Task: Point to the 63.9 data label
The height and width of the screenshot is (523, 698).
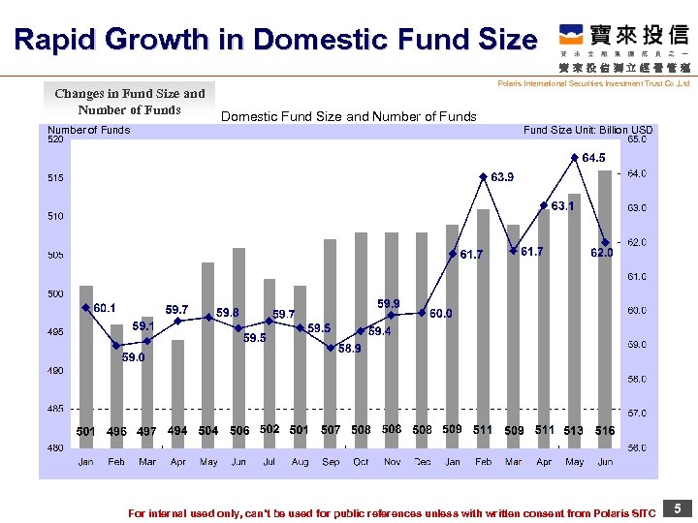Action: (x=502, y=177)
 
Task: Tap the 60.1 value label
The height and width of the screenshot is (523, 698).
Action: (x=106, y=307)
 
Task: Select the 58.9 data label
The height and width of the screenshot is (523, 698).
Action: (x=350, y=349)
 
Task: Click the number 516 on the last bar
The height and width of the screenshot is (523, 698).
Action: (x=605, y=430)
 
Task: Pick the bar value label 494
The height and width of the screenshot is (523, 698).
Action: (x=177, y=430)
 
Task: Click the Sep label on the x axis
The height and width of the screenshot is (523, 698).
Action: (x=331, y=462)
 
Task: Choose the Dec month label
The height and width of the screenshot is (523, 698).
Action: (x=423, y=462)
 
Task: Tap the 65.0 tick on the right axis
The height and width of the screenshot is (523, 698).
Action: (x=639, y=139)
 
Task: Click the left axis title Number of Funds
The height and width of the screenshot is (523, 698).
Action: (x=88, y=130)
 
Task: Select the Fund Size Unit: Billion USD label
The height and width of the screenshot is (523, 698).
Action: (x=587, y=130)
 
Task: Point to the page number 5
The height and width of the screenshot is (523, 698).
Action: (x=678, y=508)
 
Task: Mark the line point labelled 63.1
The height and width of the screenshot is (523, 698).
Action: (x=544, y=205)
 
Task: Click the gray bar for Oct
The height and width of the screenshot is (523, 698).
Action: (x=361, y=339)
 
